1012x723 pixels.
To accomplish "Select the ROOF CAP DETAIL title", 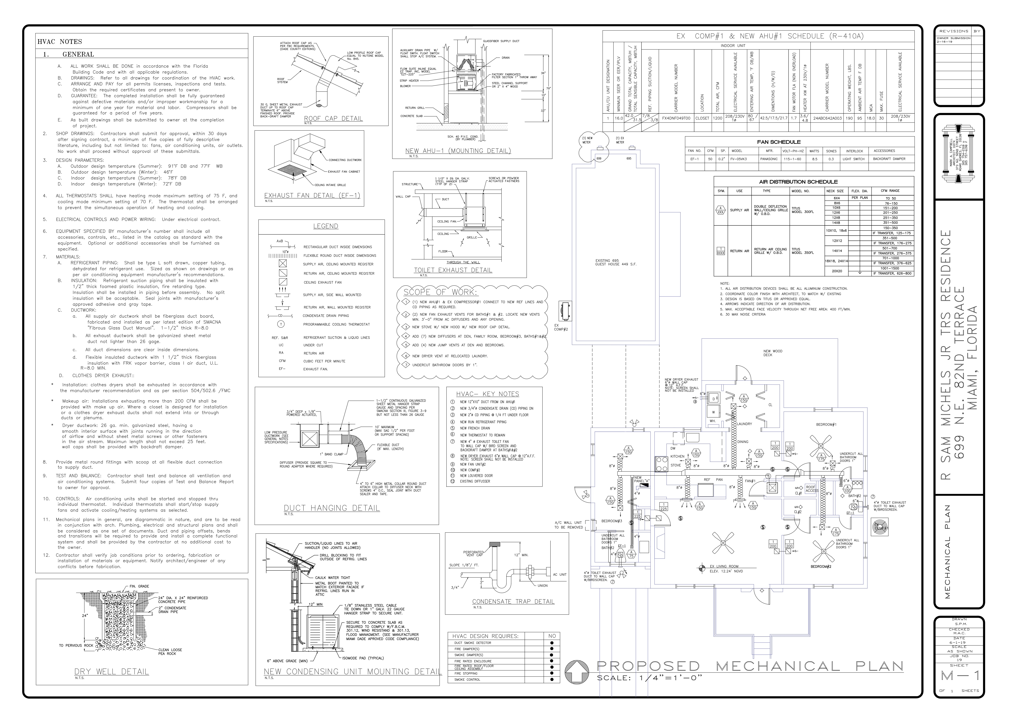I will point(333,118).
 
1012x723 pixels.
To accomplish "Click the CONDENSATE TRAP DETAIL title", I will point(513,602).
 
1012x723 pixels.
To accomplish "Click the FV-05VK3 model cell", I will point(739,159).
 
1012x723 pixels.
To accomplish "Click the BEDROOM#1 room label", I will point(826,425).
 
